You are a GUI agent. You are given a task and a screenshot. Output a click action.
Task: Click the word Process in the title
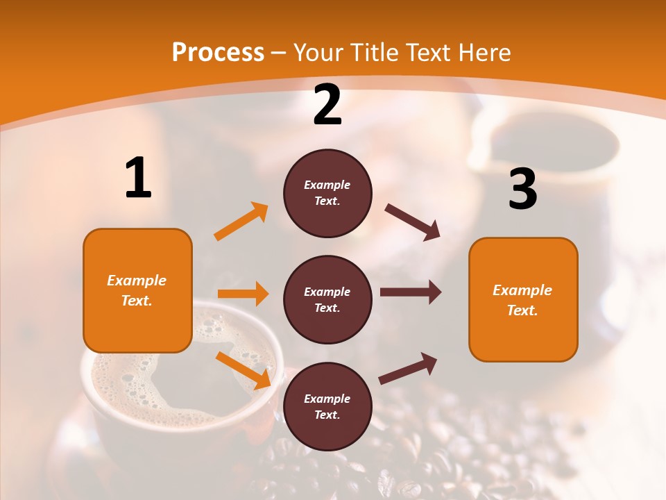(218, 53)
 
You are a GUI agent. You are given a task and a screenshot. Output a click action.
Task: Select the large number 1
(138, 178)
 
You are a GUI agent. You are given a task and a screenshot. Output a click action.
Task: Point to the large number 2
(327, 106)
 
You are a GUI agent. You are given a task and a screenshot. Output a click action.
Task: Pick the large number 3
(522, 189)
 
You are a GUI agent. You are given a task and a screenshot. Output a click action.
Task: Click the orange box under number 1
(137, 290)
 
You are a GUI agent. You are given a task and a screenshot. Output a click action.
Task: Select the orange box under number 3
(523, 300)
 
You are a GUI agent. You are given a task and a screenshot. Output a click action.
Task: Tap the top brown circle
(327, 193)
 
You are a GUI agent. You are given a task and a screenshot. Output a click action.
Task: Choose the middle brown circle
(327, 300)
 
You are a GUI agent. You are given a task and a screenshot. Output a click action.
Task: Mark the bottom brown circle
(327, 407)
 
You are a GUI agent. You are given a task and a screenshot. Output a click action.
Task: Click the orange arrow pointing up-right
(241, 222)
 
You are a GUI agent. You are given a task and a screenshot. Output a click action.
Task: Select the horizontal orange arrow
(243, 294)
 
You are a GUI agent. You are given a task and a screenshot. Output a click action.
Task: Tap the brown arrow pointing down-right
(413, 222)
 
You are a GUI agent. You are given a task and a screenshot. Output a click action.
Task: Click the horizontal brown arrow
(410, 292)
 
